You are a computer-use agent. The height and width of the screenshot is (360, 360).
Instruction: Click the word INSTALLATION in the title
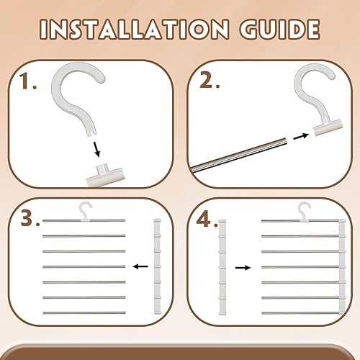(x=134, y=30)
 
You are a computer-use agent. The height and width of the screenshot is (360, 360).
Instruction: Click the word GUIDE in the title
(x=279, y=30)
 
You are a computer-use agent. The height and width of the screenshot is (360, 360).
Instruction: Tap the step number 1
(x=28, y=81)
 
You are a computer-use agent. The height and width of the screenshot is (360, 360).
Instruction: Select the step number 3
(x=30, y=218)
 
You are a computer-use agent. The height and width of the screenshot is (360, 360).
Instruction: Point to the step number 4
(x=207, y=219)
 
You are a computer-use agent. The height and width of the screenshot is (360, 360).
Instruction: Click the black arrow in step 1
(x=96, y=150)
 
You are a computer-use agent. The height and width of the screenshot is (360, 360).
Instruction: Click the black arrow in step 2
(x=301, y=136)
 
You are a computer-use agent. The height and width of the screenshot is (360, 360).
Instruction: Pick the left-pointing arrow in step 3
(x=140, y=266)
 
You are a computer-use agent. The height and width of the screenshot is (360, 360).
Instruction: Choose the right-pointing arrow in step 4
(x=243, y=268)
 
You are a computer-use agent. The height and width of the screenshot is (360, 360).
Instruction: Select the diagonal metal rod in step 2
(x=239, y=155)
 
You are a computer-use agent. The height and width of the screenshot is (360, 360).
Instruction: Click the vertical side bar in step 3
(x=158, y=266)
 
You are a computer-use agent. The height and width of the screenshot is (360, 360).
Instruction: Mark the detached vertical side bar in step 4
(x=222, y=267)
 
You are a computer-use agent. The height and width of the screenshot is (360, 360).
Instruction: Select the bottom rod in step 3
(x=84, y=312)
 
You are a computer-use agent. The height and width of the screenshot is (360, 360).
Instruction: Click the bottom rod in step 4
(x=303, y=313)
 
